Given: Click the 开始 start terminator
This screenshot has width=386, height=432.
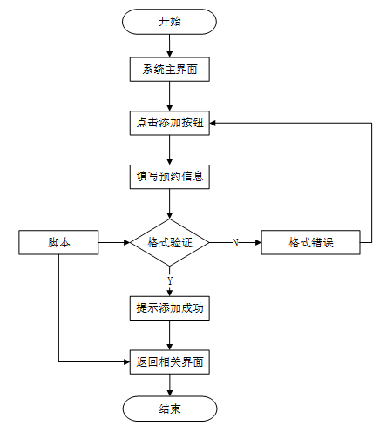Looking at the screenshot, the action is click(169, 22).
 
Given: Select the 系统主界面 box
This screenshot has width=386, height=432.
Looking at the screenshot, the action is click(170, 70).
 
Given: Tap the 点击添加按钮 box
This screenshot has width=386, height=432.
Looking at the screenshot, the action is click(170, 123).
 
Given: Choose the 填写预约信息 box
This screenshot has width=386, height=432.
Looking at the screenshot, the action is click(170, 177).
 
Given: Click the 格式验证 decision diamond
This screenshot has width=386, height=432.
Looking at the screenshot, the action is click(170, 242).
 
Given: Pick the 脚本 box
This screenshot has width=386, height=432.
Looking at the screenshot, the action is click(58, 242).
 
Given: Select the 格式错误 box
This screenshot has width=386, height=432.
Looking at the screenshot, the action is click(311, 242).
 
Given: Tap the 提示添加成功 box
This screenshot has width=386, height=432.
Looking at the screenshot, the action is click(170, 308).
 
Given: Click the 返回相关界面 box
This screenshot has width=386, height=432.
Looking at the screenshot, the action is click(170, 361).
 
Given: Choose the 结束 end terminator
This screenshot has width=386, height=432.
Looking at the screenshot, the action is click(170, 408).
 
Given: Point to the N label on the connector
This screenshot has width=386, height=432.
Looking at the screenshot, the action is click(235, 242).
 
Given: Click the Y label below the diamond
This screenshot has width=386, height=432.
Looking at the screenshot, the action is click(170, 280).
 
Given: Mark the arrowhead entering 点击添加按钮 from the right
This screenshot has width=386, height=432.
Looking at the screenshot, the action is click(213, 123).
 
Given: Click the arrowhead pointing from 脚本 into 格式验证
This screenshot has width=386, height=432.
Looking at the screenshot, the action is click(127, 242).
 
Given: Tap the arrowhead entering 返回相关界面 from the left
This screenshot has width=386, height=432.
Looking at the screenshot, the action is click(126, 361).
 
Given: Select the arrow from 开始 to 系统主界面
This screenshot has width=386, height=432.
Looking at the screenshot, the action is click(170, 46).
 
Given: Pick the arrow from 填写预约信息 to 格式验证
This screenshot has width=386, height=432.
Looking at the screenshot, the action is click(170, 204).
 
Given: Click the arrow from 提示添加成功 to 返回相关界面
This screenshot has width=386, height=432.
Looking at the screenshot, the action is click(170, 335).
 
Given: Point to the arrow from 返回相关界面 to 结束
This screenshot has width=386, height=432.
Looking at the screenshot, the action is click(170, 385).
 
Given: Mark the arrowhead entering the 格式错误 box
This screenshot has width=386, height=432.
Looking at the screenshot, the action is click(258, 242).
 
